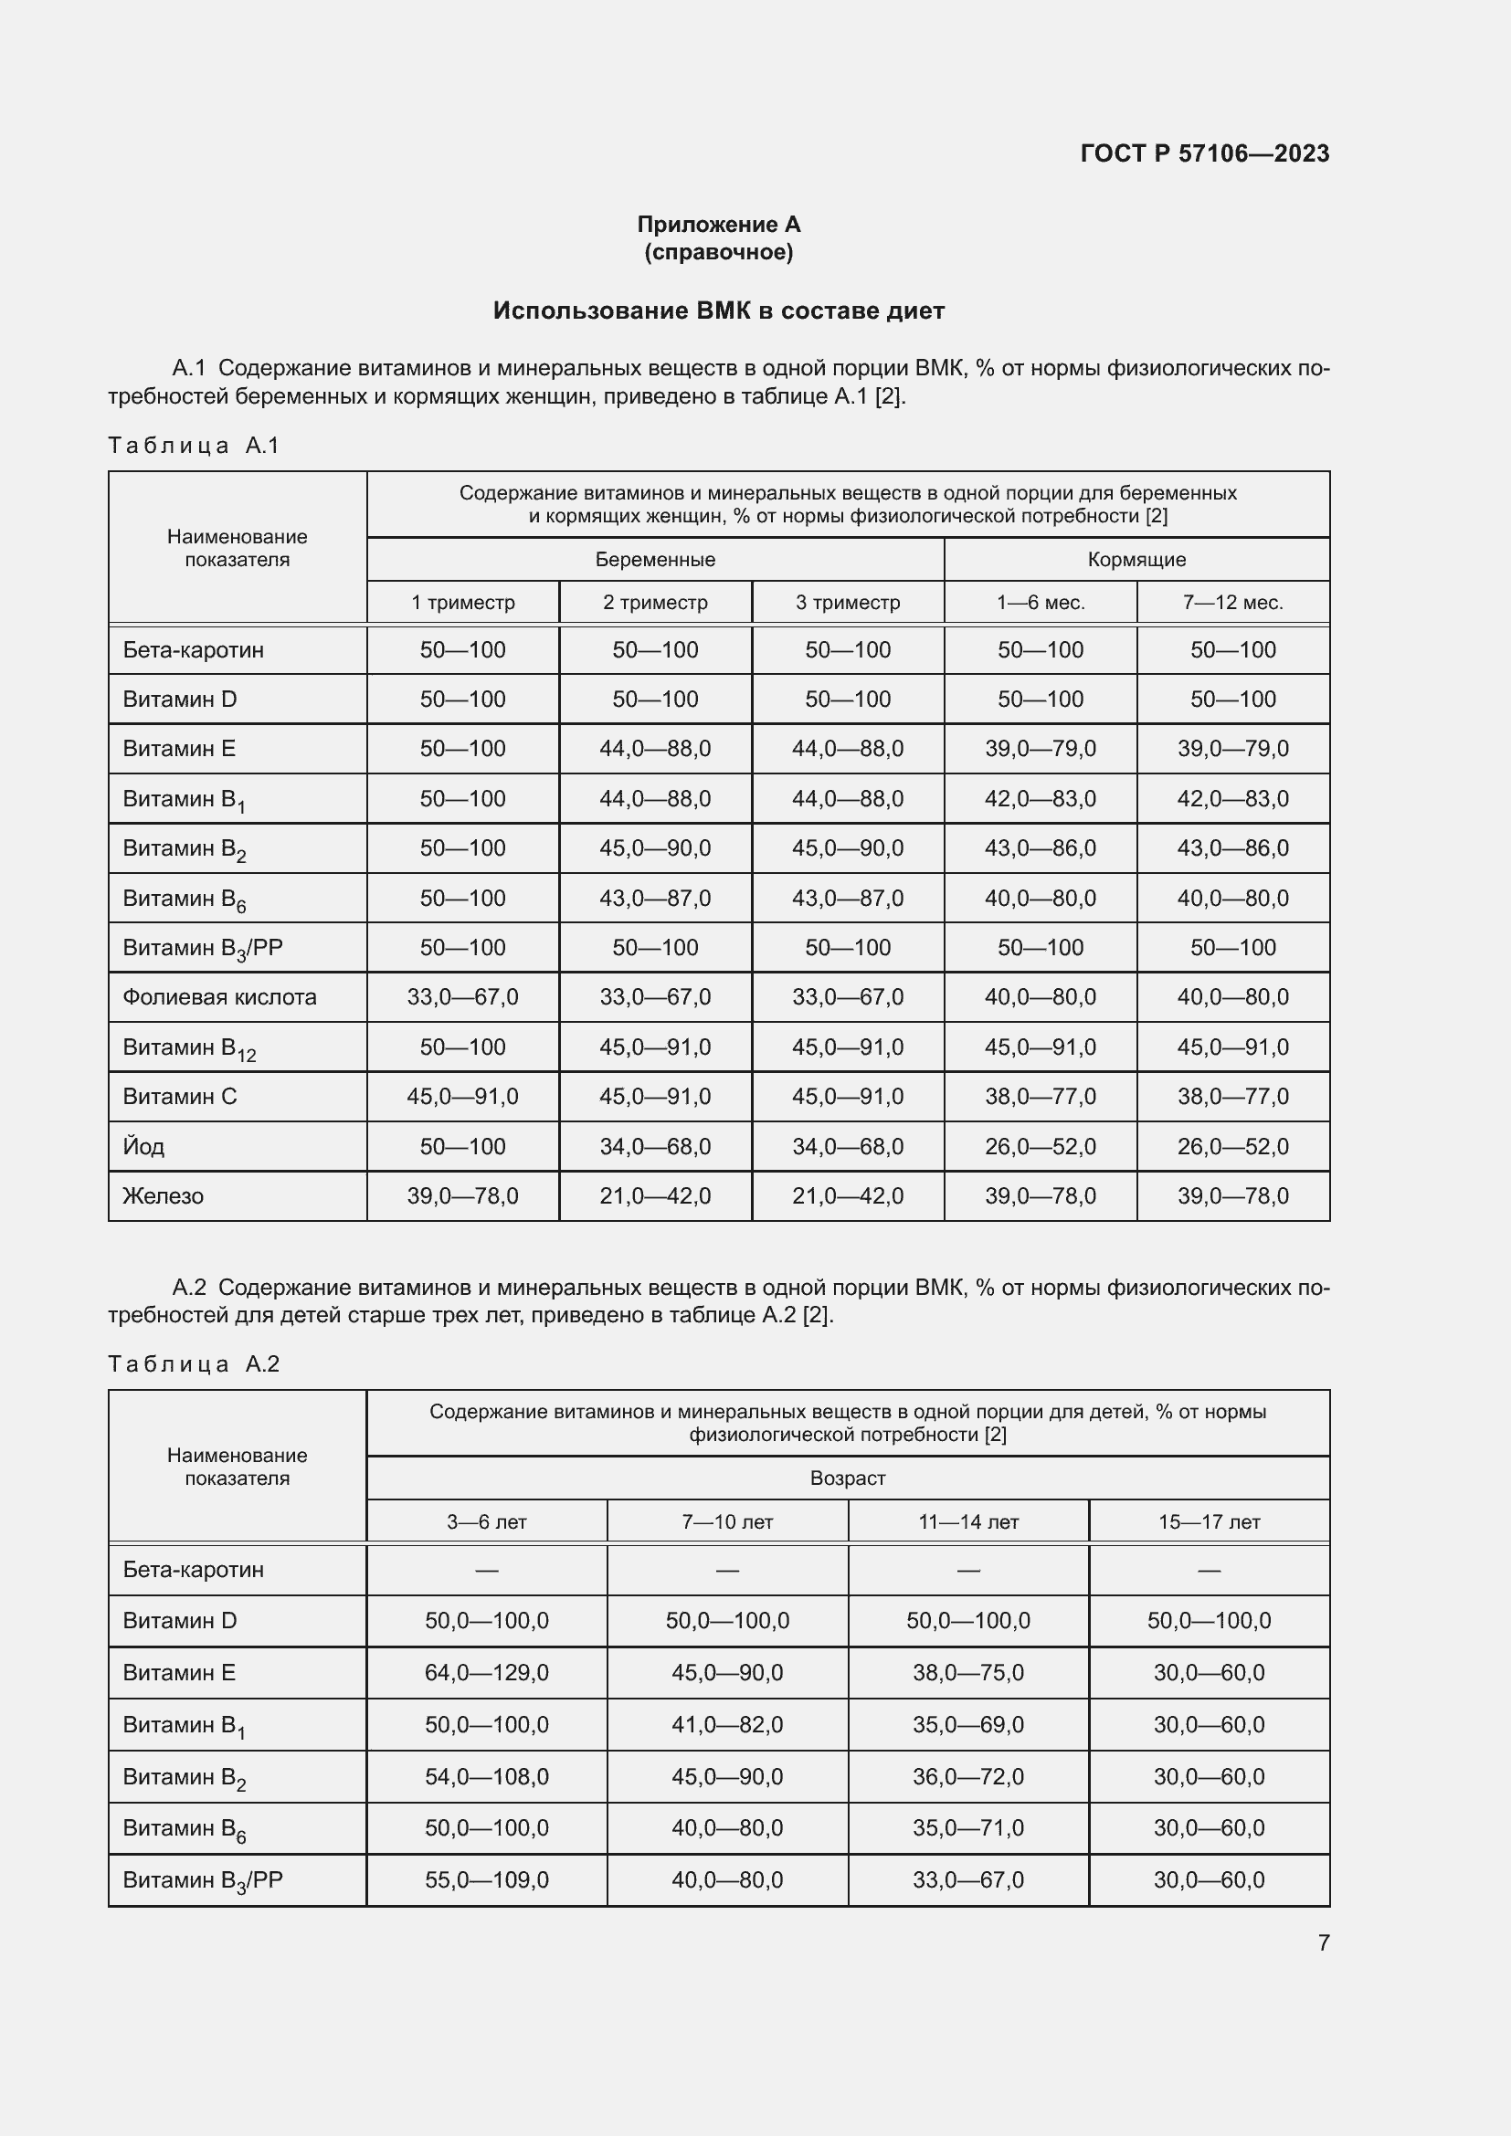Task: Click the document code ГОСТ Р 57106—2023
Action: point(1204,153)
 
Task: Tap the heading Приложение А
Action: point(718,225)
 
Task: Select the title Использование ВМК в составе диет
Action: point(718,310)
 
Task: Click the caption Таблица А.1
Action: point(194,446)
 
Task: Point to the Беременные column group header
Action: point(655,560)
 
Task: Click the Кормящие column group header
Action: point(1136,560)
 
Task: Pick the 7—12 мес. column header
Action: point(1232,603)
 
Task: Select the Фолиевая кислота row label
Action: point(219,997)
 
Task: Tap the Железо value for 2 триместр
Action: point(655,1196)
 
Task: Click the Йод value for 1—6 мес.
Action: point(1041,1147)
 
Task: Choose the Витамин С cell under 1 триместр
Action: point(462,1097)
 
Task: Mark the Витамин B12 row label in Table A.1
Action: point(190,1048)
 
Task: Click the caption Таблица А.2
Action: point(194,1364)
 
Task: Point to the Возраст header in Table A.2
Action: point(847,1478)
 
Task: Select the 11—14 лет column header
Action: point(967,1522)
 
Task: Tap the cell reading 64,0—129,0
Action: point(487,1673)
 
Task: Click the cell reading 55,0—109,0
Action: point(487,1880)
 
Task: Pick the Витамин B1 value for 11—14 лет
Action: point(967,1725)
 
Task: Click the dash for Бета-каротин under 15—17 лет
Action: point(1209,1571)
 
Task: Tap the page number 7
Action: point(1323,1942)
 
